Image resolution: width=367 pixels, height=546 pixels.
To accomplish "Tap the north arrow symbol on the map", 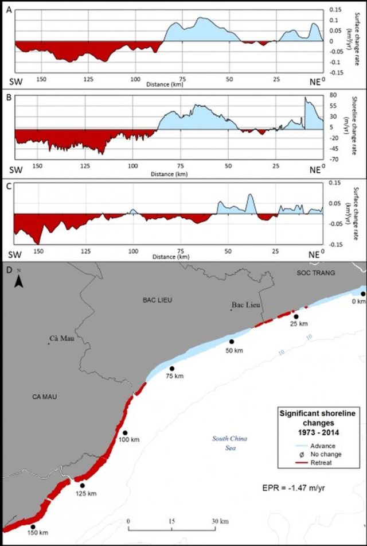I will click(x=19, y=280).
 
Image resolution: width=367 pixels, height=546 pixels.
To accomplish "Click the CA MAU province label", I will click(x=34, y=396).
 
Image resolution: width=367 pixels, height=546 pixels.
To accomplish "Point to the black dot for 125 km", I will click(x=83, y=485).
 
